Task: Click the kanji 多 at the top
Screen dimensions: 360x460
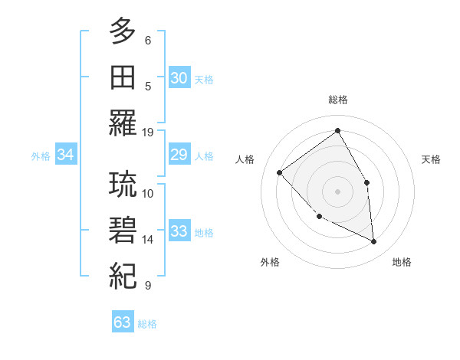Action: click(x=123, y=32)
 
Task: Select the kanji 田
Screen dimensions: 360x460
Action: click(x=123, y=78)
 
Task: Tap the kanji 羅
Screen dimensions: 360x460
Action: click(x=123, y=123)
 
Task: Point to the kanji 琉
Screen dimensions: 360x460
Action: click(x=123, y=185)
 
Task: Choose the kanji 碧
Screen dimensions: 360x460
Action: click(x=123, y=231)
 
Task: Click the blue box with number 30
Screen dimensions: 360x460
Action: click(x=179, y=78)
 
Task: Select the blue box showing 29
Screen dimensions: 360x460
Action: click(x=179, y=155)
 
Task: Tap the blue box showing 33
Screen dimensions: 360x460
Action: click(x=179, y=231)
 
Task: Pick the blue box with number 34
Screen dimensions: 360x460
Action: click(x=66, y=155)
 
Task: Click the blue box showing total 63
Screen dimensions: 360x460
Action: click(x=122, y=322)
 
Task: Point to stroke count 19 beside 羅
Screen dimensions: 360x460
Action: click(x=148, y=132)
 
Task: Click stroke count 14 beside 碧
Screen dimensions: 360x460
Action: click(x=148, y=240)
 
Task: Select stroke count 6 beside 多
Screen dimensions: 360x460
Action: click(x=148, y=40)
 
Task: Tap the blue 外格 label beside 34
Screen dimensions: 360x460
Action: click(x=41, y=156)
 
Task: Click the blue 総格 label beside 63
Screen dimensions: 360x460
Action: click(x=147, y=324)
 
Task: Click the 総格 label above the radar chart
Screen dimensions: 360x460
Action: click(x=337, y=100)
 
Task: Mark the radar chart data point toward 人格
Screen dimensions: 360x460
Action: click(x=280, y=172)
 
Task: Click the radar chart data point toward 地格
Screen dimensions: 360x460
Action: click(x=373, y=242)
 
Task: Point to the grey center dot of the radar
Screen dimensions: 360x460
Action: click(x=337, y=191)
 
